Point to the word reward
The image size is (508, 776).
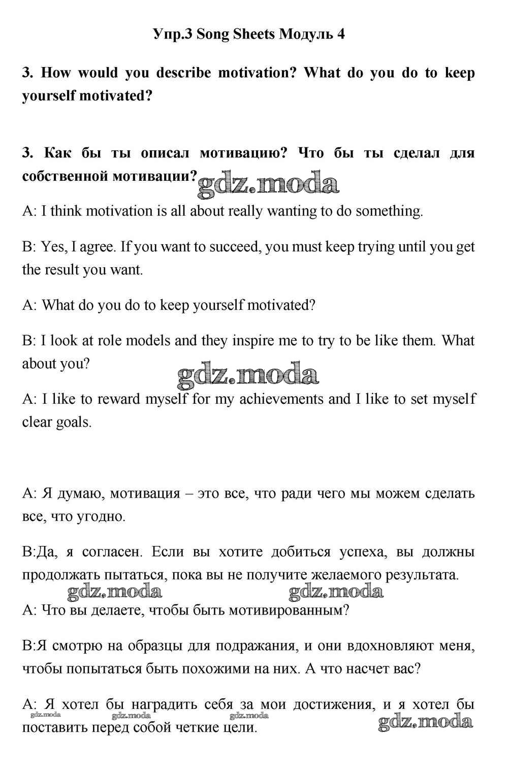coord(119,399)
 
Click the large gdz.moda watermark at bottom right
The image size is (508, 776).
coord(426,721)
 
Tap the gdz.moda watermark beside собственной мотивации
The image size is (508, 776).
coord(268,184)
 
